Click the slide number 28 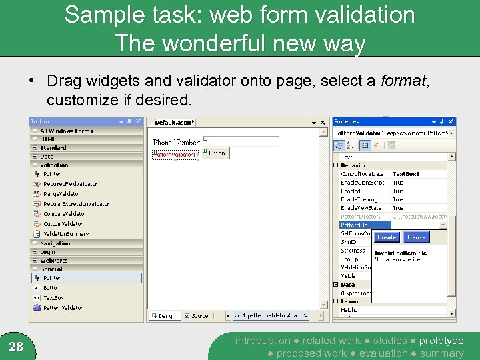[17, 346]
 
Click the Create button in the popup [387, 237]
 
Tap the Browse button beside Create [417, 237]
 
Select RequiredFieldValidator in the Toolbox [70, 184]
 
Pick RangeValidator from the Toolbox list [61, 194]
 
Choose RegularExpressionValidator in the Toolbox [76, 204]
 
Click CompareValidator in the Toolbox [64, 214]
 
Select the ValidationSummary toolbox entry [66, 234]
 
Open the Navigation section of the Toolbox [55, 243]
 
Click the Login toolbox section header [47, 252]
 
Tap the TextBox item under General [53, 297]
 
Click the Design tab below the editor [167, 315]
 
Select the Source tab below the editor [199, 315]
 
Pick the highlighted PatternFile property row [355, 225]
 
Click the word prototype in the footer [441, 341]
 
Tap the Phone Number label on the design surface [176, 142]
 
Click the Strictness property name [353, 251]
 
